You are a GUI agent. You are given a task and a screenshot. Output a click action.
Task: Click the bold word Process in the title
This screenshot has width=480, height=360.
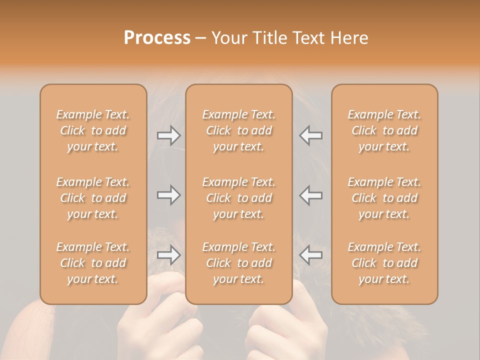click(157, 38)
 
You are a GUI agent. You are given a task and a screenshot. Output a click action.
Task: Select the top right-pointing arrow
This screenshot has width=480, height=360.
click(169, 135)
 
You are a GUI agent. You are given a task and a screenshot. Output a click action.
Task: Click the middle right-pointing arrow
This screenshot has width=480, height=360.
click(169, 195)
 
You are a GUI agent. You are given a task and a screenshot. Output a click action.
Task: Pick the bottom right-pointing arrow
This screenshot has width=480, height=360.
click(169, 255)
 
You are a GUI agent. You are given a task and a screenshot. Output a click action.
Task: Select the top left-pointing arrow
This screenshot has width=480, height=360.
click(311, 135)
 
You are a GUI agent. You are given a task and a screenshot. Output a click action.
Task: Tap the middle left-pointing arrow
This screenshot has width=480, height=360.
click(311, 195)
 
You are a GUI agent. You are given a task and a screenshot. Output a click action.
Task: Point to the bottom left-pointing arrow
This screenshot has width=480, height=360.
click(311, 255)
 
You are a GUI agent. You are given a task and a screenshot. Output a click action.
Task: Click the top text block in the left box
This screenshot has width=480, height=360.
click(93, 130)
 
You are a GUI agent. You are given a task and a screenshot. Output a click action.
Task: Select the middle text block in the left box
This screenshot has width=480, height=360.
click(93, 198)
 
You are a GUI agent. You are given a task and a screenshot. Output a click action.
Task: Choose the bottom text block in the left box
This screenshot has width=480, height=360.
click(93, 263)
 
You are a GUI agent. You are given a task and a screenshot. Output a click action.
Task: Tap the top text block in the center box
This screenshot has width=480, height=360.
click(239, 130)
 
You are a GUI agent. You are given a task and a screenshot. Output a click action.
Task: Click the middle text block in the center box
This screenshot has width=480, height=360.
click(239, 198)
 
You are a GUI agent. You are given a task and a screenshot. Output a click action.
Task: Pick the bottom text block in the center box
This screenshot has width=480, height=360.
click(239, 263)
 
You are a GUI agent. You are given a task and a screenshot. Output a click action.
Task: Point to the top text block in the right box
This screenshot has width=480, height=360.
click(384, 130)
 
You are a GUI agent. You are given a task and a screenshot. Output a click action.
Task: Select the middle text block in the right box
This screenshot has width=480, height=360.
click(384, 198)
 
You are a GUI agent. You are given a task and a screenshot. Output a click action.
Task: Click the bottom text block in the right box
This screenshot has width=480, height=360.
click(384, 263)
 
